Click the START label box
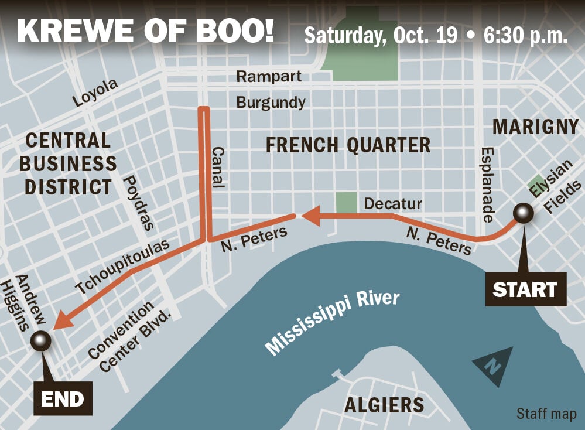point(525,289)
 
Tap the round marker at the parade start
point(522,214)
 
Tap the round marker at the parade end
point(41,340)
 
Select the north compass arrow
point(493,364)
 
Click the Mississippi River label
point(332,322)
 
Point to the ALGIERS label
point(384,405)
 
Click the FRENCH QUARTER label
point(348,145)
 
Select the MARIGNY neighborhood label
point(535,127)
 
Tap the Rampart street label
point(269,76)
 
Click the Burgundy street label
point(271,103)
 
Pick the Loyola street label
point(95,93)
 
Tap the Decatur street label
point(392,203)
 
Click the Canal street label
point(217,167)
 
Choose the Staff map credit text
point(546,414)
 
